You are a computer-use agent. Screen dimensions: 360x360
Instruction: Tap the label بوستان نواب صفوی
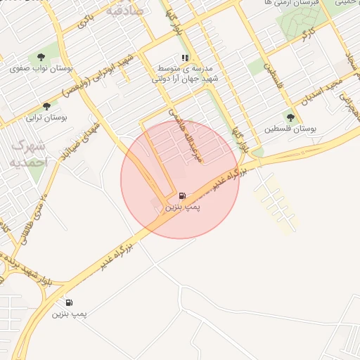pos(42,69)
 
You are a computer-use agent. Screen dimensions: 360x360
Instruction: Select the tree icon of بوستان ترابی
pos(46,107)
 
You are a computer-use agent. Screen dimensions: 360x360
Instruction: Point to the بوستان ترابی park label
pos(46,117)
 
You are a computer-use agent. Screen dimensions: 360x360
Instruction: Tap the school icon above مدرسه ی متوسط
pos(185,58)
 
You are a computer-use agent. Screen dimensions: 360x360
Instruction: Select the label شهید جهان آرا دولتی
pos(186,79)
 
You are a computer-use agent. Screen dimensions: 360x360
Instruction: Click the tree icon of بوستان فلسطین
pos(290,117)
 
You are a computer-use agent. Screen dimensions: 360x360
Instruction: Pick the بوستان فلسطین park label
pos(290,129)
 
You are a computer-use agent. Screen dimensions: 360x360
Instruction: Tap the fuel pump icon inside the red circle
pos(183,196)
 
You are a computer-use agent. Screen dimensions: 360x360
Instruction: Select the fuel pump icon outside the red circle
pos(69,302)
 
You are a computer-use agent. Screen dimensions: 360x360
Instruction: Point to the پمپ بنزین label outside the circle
pos(69,314)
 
